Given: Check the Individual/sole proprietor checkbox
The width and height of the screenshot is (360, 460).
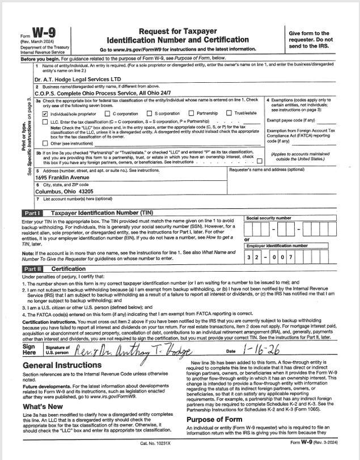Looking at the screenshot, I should click(x=45, y=113).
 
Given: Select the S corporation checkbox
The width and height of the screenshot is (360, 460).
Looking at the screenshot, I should click(x=149, y=113).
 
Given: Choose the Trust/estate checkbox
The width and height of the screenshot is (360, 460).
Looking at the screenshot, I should click(x=229, y=113).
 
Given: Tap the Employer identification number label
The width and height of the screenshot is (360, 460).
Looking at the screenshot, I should click(x=276, y=246).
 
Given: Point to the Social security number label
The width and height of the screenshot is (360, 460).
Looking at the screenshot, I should click(x=269, y=218).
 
